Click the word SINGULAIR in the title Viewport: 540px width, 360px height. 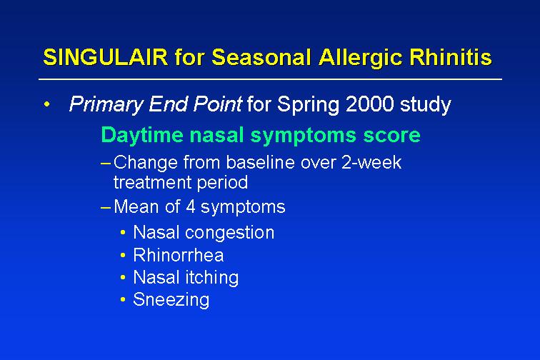[x=106, y=57]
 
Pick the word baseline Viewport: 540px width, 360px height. [x=260, y=162]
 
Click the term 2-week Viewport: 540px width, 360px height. [x=371, y=162]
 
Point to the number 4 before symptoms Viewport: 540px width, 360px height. [x=191, y=206]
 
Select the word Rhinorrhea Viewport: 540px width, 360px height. [x=179, y=255]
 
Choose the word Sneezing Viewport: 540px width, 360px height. [x=171, y=300]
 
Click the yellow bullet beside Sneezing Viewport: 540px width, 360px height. [x=123, y=300]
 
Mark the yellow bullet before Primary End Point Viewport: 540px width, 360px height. [x=47, y=104]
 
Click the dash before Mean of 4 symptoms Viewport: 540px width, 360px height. [x=106, y=207]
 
